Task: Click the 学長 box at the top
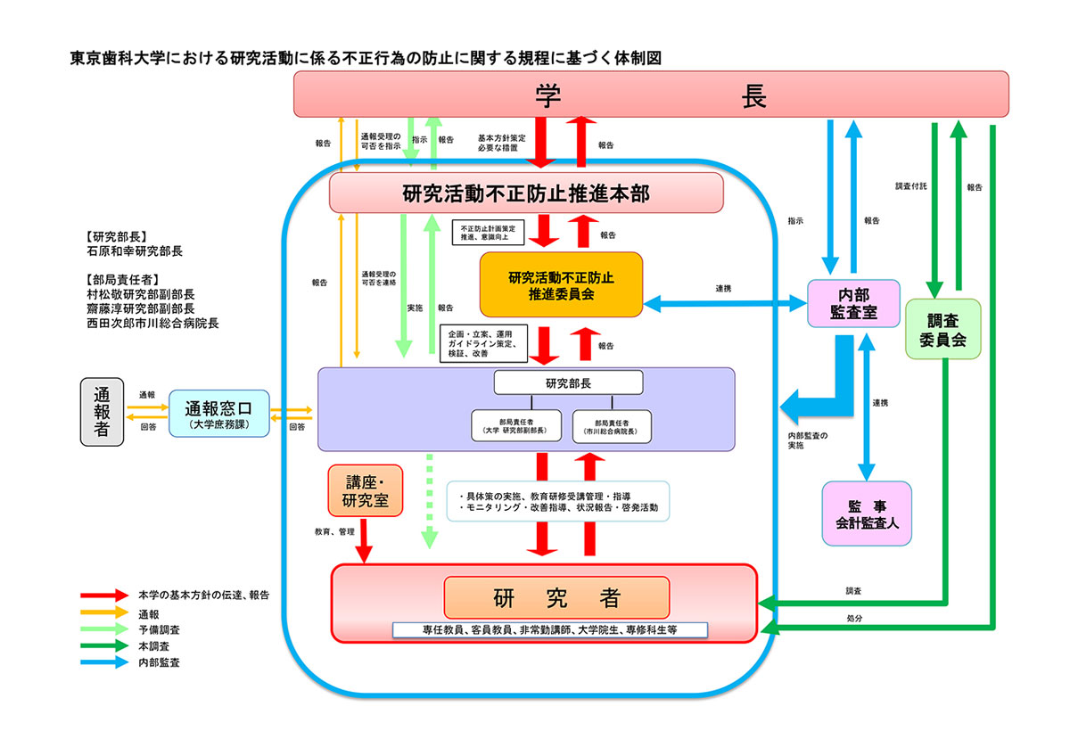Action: pos(651,94)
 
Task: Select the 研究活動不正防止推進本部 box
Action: pos(526,193)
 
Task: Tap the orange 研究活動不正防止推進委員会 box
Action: pos(561,283)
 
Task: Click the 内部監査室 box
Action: pos(853,303)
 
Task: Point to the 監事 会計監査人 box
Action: pos(867,514)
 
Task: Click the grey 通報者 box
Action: pos(102,412)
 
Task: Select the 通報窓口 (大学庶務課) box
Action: pos(218,414)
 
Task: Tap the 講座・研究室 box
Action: pos(366,490)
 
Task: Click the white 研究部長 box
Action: pos(568,382)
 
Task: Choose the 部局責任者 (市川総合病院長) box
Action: pos(613,425)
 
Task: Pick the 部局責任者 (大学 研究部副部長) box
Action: pos(516,425)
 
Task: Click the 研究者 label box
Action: pos(556,596)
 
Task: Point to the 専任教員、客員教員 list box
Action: pos(550,629)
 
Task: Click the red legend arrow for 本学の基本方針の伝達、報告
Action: pos(103,595)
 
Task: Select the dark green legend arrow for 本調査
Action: pos(103,645)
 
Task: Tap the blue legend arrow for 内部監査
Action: pos(103,662)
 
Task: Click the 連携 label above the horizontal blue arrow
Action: pos(723,289)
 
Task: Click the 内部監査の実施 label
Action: pos(807,440)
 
